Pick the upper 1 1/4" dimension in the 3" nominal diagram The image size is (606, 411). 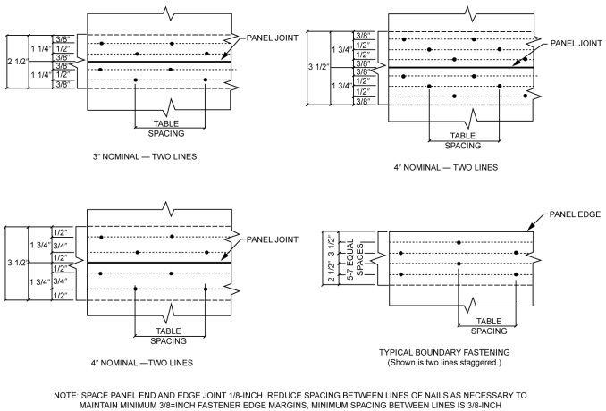coord(40,49)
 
